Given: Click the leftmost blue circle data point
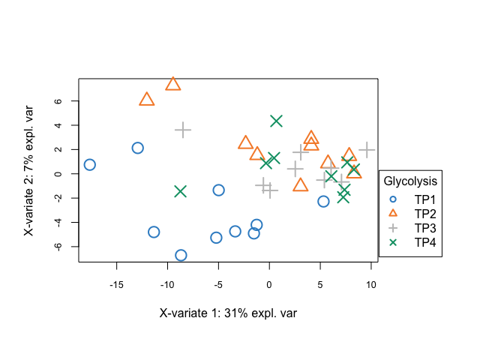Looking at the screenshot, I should click(89, 165).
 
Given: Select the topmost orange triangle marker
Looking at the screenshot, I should click(173, 83).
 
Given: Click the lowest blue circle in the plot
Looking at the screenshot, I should click(181, 255).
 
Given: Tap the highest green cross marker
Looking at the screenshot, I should click(276, 121).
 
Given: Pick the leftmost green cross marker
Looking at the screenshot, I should click(180, 191).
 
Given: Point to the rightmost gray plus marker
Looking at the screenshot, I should click(366, 149).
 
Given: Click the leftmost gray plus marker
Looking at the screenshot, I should click(183, 130).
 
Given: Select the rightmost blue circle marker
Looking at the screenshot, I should click(323, 201).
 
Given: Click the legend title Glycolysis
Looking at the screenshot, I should click(410, 181).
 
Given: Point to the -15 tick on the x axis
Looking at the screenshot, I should click(116, 284).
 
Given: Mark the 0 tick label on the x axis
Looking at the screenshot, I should click(269, 284).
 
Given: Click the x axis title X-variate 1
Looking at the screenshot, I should click(228, 313).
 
